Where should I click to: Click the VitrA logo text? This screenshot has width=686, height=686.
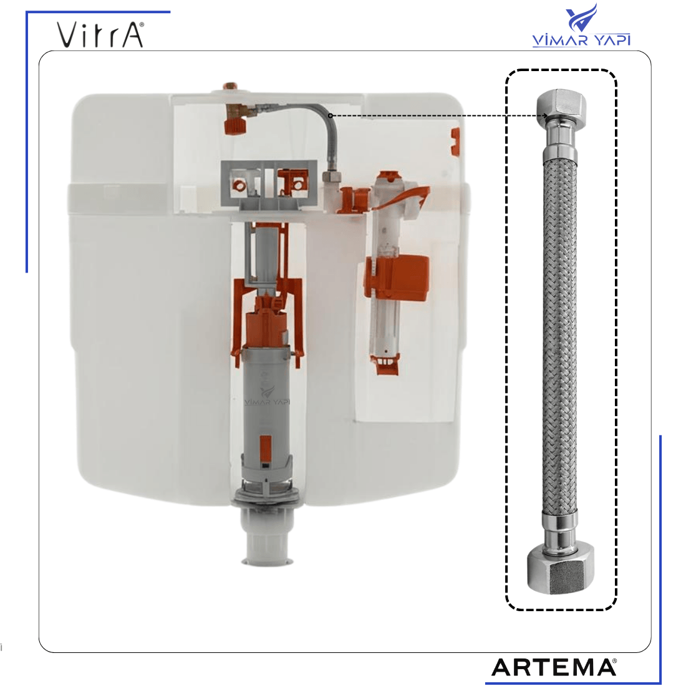100,35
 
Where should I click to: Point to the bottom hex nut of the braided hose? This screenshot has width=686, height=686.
561,569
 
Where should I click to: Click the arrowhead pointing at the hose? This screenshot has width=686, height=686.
544,116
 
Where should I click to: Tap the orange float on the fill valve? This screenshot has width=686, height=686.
397,278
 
